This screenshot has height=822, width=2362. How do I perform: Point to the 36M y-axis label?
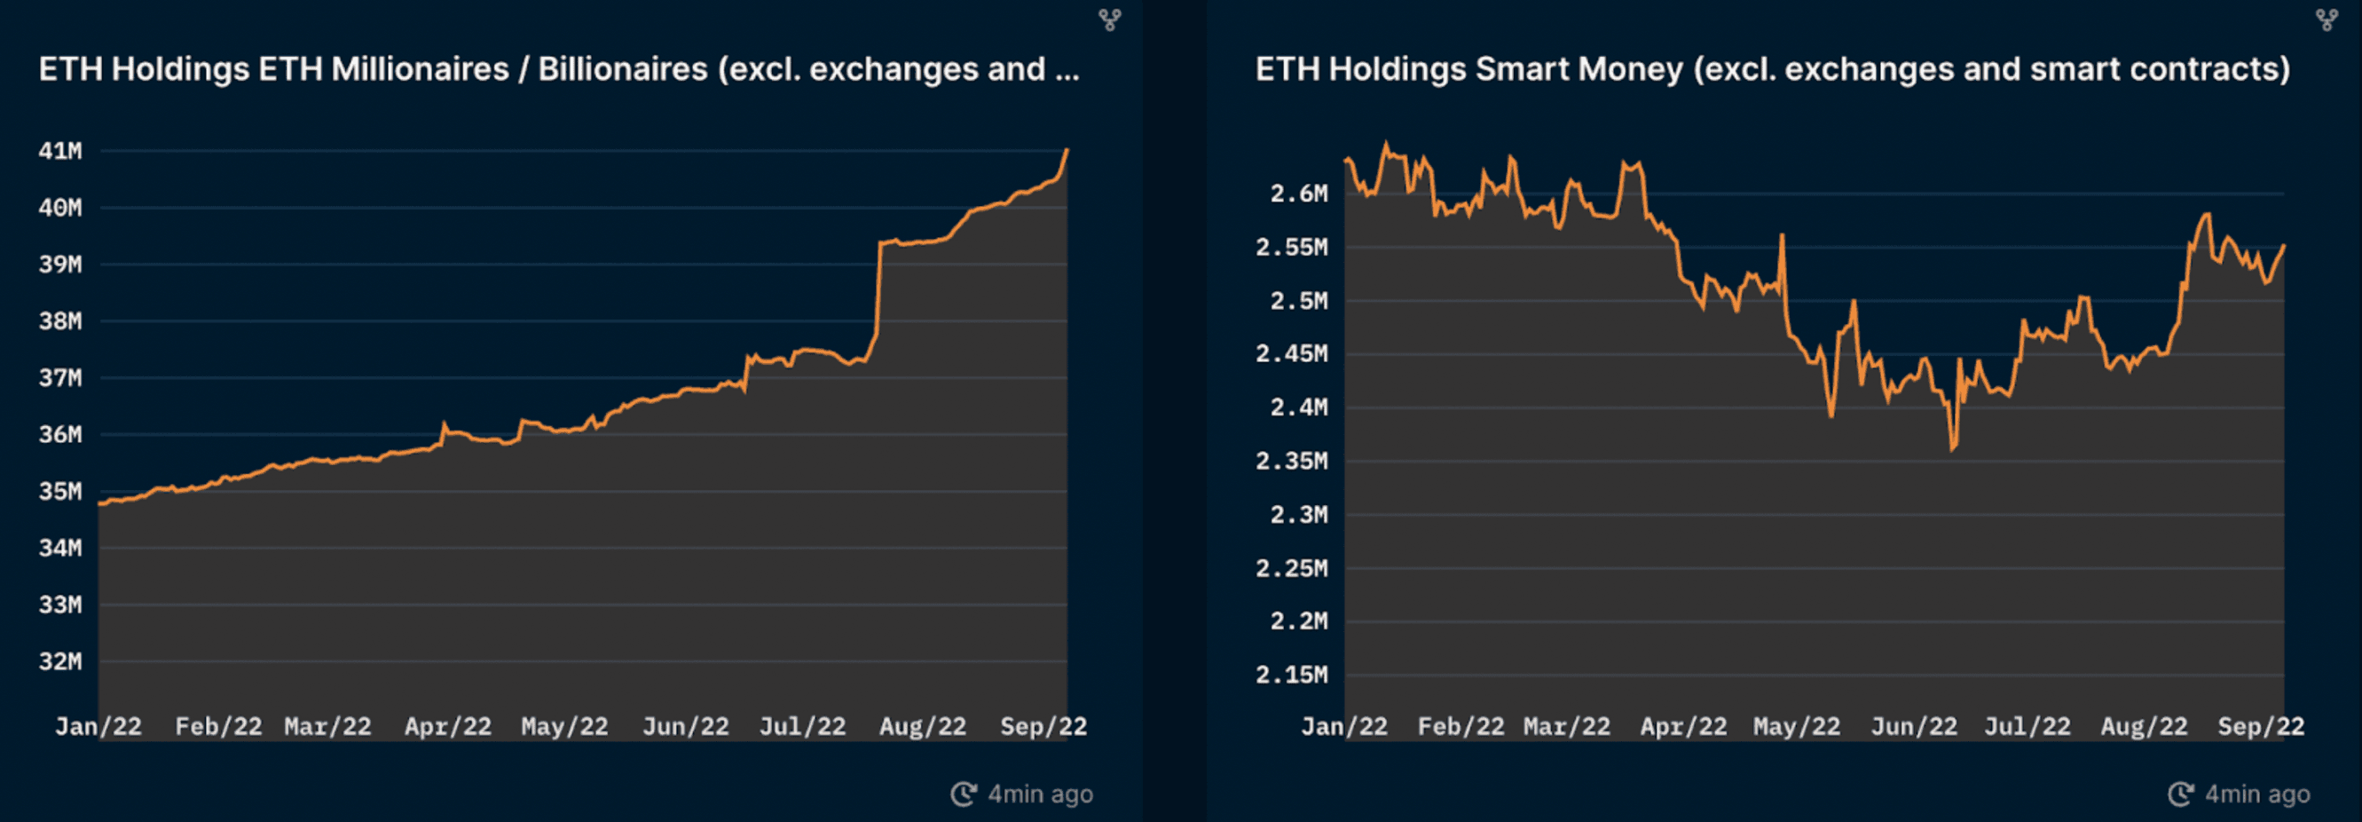60,435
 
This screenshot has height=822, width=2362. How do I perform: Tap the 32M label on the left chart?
60,661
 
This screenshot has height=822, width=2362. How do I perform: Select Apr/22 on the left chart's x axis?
448,727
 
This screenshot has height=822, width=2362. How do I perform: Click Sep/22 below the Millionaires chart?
1043,727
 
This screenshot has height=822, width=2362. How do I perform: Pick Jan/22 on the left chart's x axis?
98,727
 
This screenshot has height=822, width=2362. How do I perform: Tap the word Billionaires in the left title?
623,70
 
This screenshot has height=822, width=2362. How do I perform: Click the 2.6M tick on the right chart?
1298,194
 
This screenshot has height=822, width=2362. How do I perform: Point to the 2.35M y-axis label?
1291,461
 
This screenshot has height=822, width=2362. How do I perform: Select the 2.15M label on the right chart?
1291,676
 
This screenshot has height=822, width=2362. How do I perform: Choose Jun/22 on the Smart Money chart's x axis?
1914,727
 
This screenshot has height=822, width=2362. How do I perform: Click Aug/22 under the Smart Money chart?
2144,727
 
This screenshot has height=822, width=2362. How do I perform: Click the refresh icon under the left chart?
963,794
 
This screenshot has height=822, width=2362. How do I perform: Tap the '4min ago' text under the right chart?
2257,794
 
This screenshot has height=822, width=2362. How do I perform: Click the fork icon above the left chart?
1110,20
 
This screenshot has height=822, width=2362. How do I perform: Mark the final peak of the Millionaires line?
1067,149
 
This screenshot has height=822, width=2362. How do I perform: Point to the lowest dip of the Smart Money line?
1952,449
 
